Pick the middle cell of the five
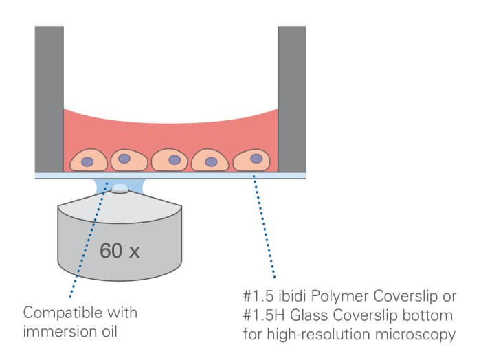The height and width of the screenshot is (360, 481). [x=171, y=161]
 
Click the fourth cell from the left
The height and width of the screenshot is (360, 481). [x=212, y=161]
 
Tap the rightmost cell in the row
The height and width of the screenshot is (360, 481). [x=252, y=160]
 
